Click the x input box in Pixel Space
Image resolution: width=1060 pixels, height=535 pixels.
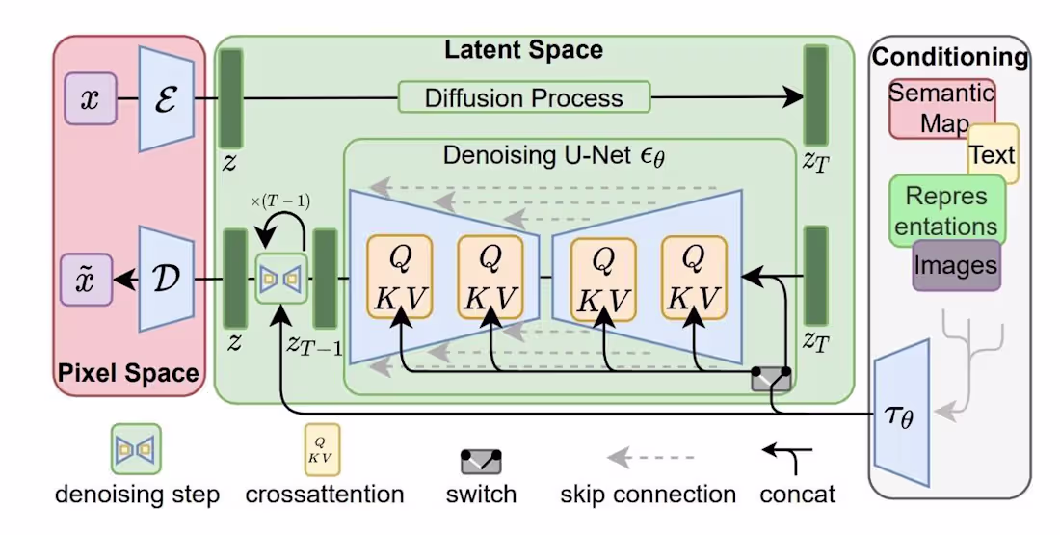click(x=90, y=99)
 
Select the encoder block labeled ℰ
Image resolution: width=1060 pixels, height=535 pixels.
click(x=168, y=99)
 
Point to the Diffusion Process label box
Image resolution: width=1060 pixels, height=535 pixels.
click(x=524, y=97)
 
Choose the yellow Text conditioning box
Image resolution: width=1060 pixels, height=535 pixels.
click(x=993, y=154)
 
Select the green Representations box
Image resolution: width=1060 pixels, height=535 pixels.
click(x=946, y=210)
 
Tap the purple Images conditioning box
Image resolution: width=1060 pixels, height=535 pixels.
click(x=956, y=264)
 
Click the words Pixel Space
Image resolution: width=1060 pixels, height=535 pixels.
click(x=128, y=373)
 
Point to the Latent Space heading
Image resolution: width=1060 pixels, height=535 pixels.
click(x=523, y=50)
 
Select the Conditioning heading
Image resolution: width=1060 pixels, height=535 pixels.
click(x=950, y=57)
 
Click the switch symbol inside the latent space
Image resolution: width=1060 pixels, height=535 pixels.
click(x=771, y=379)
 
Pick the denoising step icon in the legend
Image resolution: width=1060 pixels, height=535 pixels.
click(x=136, y=448)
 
